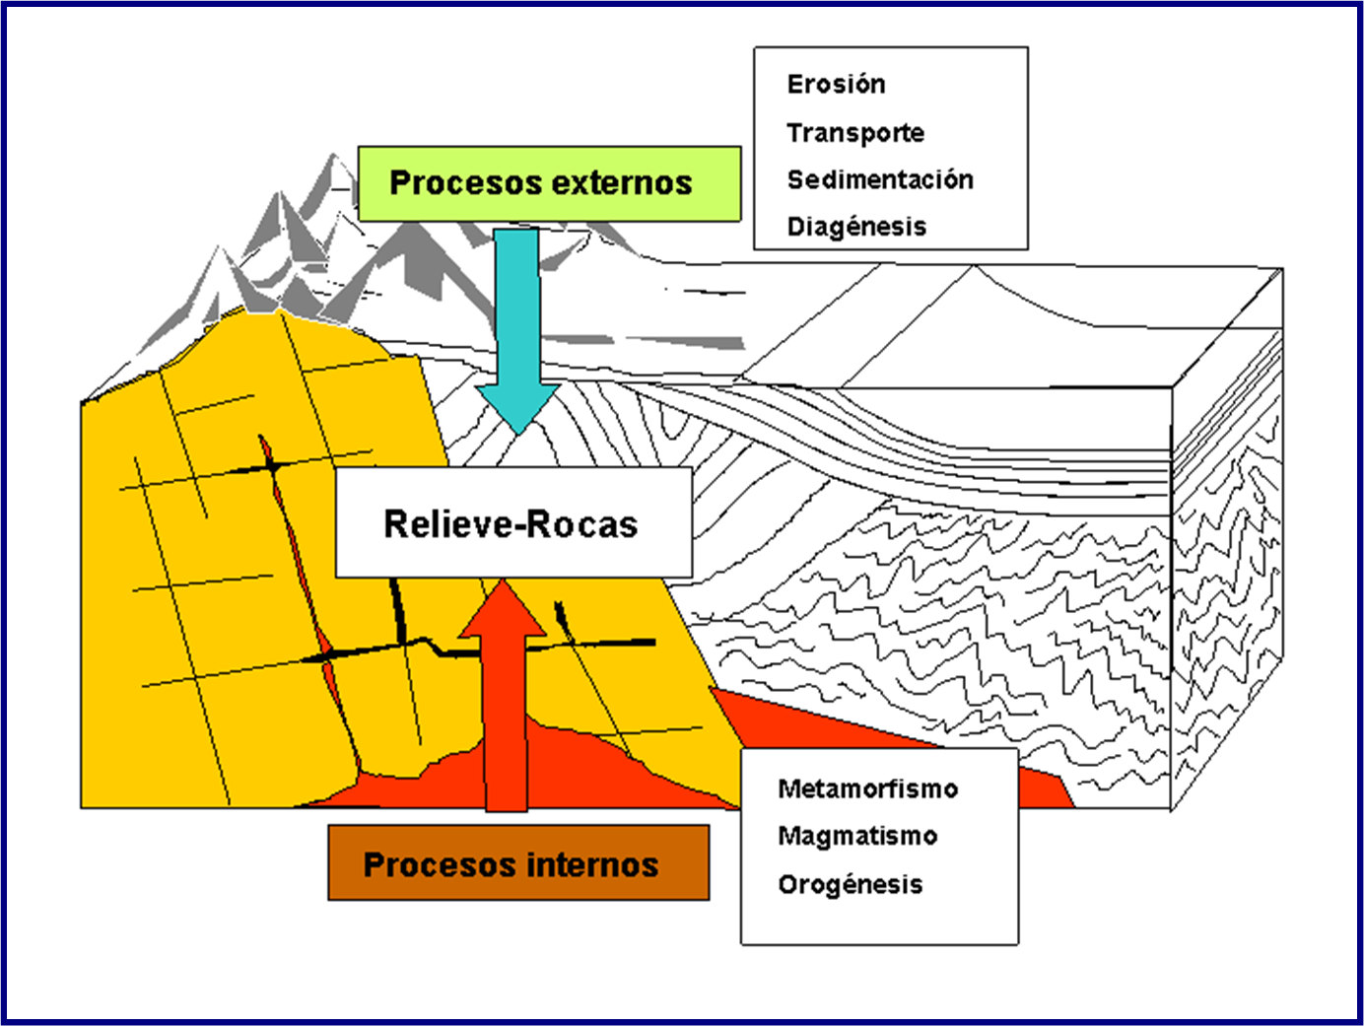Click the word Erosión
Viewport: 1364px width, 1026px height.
tap(836, 85)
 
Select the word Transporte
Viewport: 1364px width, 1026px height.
tap(855, 133)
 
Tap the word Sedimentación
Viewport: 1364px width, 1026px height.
tap(880, 179)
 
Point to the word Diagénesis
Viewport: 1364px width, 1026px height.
tap(856, 227)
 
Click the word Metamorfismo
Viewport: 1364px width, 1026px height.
tap(867, 788)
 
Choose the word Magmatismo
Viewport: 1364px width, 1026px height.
tap(857, 836)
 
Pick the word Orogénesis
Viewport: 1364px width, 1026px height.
tap(851, 884)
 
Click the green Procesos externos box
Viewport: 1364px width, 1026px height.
tap(549, 183)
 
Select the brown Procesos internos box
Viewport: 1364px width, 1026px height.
tap(518, 863)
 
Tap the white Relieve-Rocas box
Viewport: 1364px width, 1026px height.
tap(513, 522)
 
